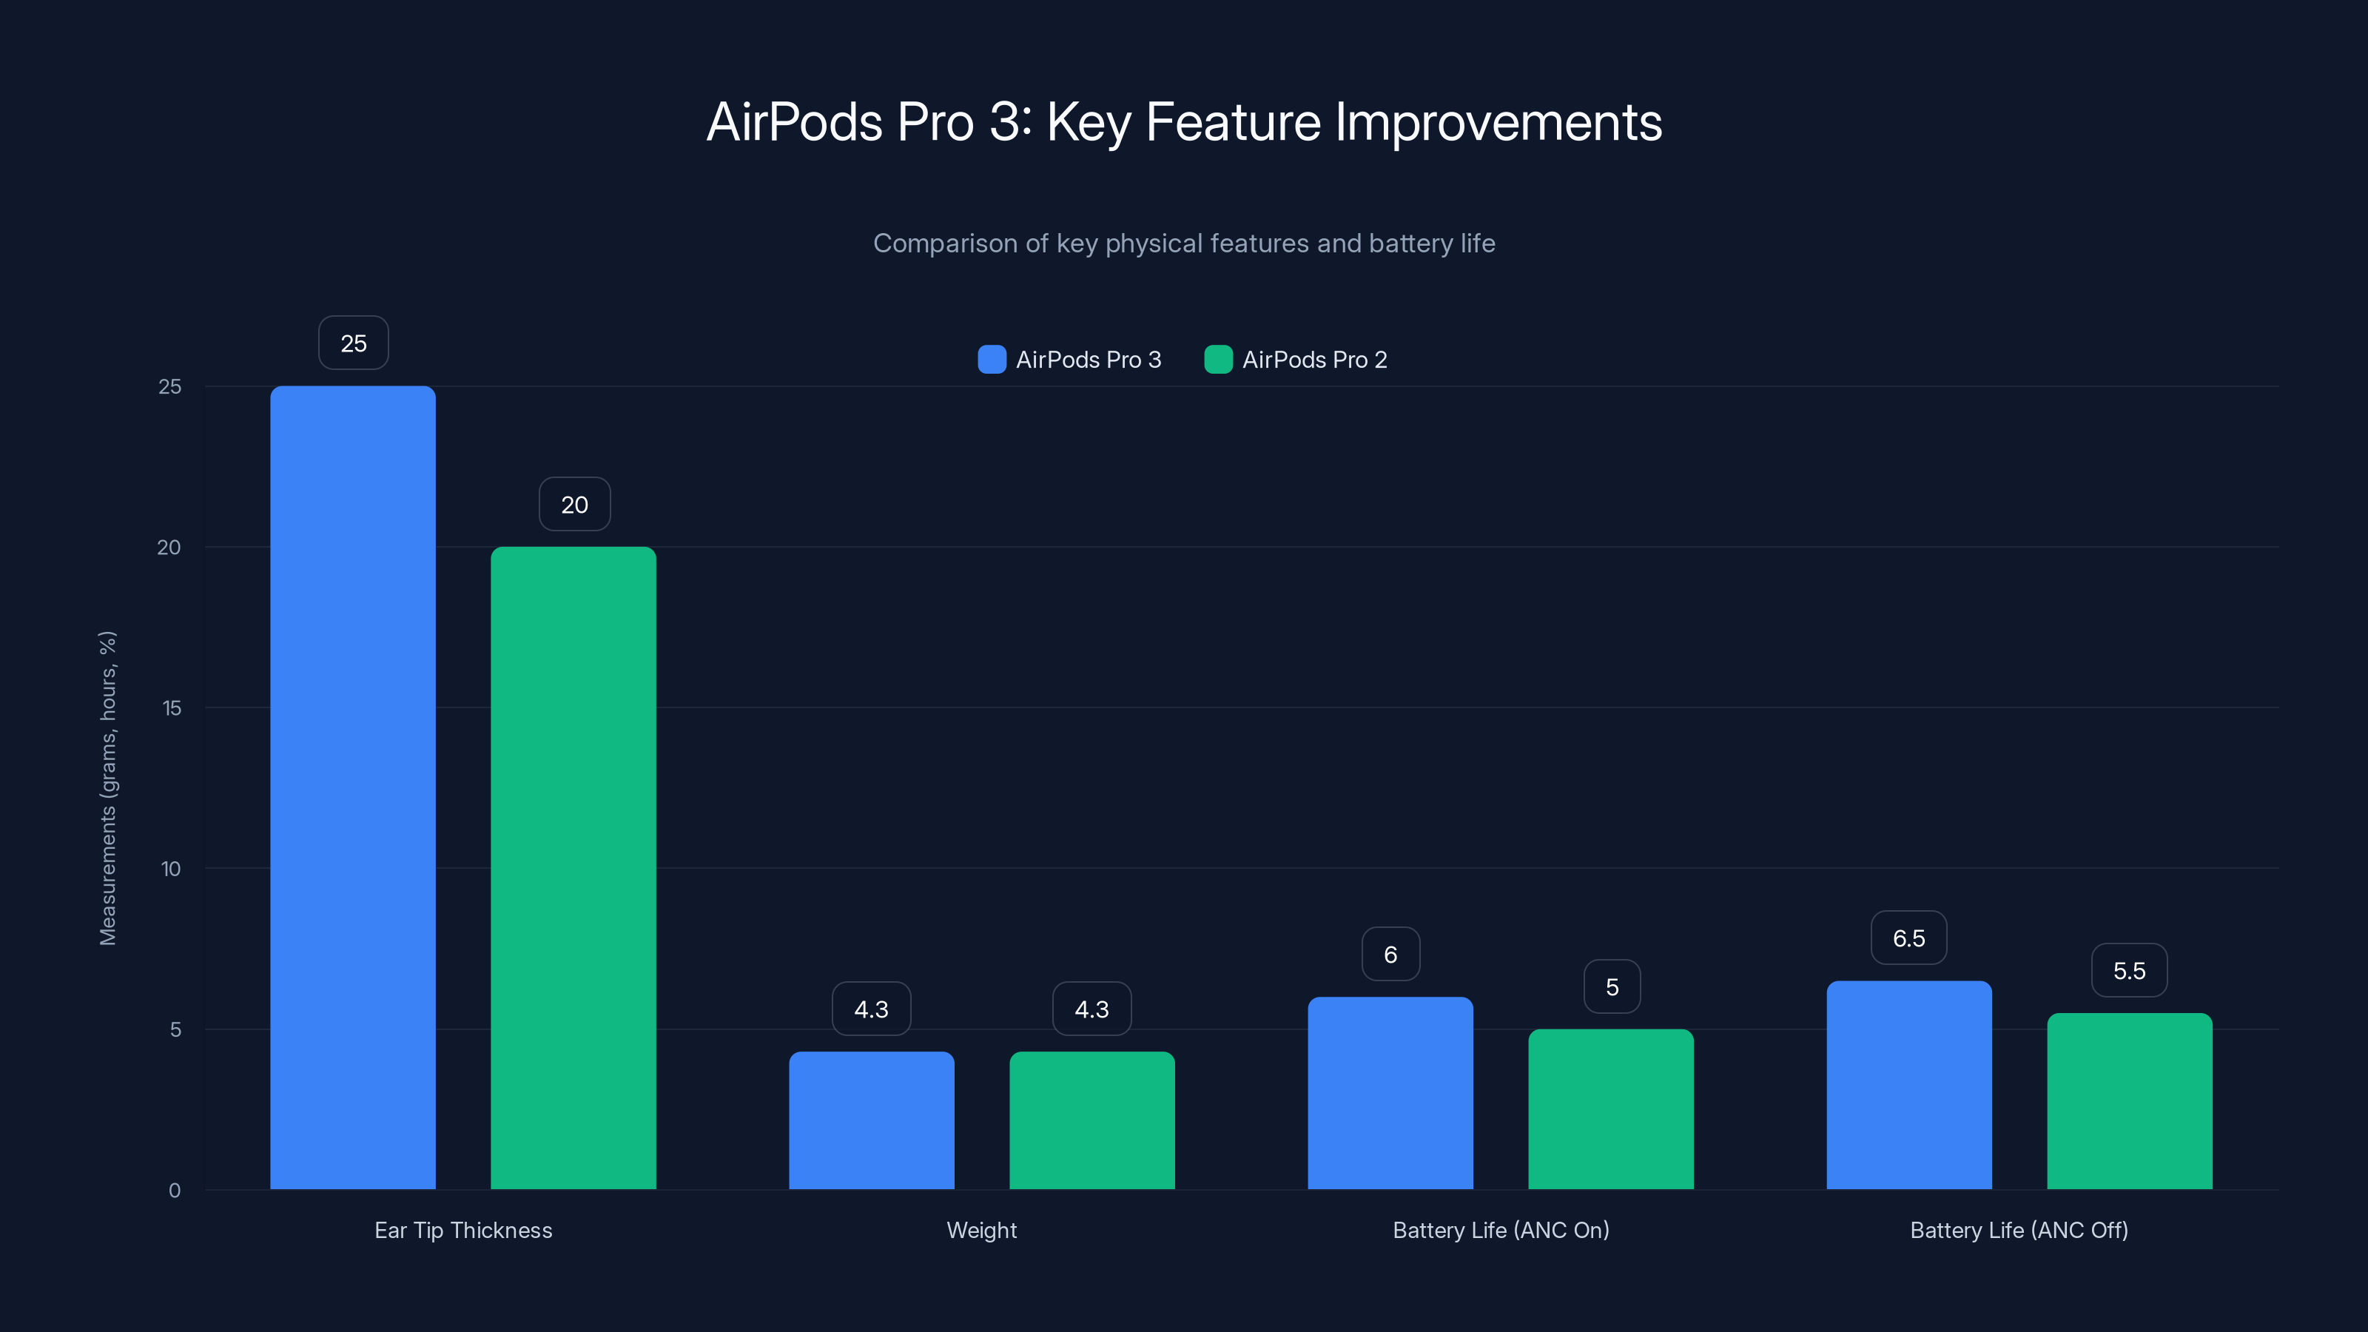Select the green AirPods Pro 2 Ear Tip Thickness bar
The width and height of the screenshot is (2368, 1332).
click(573, 868)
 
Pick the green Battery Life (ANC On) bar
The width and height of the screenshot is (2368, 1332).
click(1610, 1109)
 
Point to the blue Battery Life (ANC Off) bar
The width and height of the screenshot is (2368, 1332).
click(1909, 1085)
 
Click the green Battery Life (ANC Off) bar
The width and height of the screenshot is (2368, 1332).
click(2129, 1100)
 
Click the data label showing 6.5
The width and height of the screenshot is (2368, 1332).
click(1908, 938)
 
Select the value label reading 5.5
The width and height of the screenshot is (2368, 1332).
click(2129, 971)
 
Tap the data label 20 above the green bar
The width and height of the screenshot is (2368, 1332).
click(574, 505)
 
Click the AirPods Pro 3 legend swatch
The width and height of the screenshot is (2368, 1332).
click(992, 360)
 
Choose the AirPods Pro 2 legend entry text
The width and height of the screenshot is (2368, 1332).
click(1314, 360)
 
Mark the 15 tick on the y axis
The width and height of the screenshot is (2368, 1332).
click(172, 708)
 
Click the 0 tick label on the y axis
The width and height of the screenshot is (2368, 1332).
click(175, 1191)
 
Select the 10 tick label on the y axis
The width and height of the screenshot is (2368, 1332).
click(171, 869)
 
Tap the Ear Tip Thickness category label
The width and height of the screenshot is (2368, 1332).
click(463, 1230)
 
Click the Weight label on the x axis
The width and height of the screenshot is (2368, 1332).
click(982, 1230)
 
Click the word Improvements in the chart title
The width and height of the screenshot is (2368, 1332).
click(1498, 122)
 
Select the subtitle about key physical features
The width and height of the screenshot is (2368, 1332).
click(1184, 243)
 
